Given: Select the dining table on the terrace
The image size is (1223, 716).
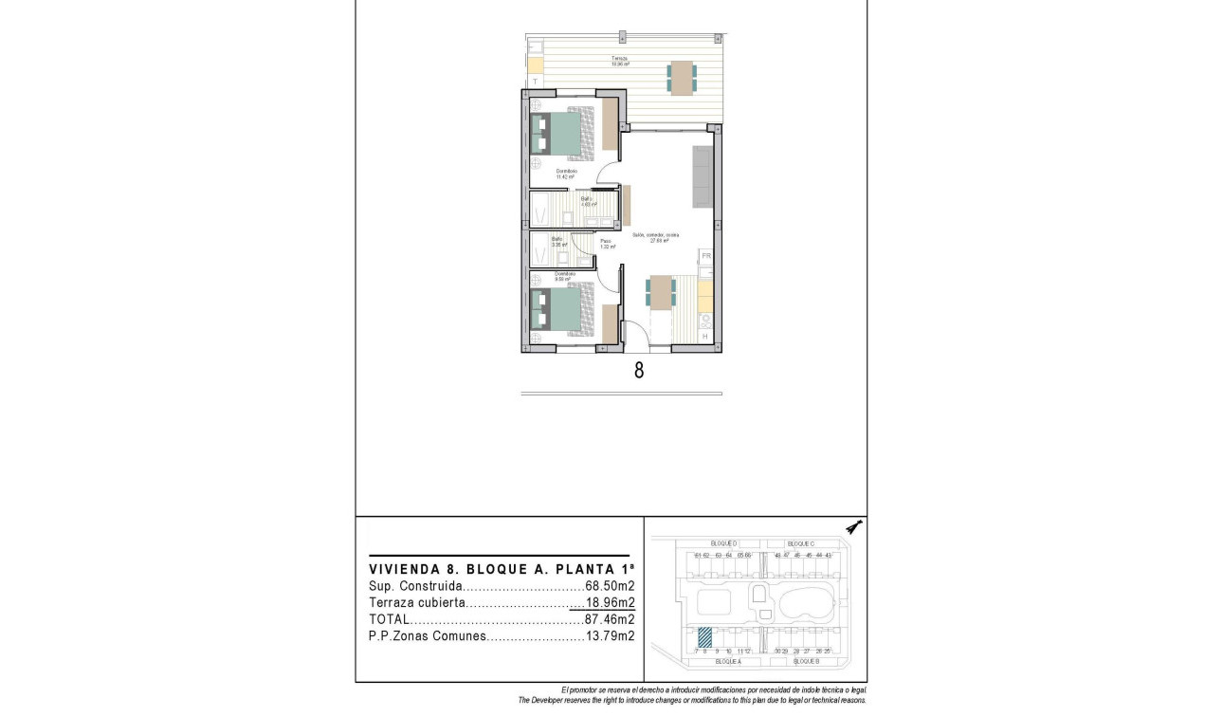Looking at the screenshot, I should [x=681, y=77].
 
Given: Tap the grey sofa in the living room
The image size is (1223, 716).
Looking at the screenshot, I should [x=703, y=177].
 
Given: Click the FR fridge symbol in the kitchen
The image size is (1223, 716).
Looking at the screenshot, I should [x=705, y=256].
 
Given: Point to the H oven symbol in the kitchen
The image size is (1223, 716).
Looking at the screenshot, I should [x=704, y=337].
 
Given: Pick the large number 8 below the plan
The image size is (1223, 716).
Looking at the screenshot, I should [x=638, y=371].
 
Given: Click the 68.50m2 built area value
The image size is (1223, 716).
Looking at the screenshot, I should [x=610, y=586].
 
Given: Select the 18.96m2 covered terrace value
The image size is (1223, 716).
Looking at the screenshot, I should [x=610, y=603].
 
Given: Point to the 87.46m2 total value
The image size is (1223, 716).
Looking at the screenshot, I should [x=610, y=619].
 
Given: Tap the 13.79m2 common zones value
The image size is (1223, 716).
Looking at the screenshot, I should [x=610, y=636].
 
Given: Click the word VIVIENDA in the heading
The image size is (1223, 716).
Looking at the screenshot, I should [x=403, y=569].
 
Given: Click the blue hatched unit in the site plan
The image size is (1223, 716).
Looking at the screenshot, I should [x=704, y=636].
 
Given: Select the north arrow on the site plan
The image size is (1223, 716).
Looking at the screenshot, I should [x=854, y=527].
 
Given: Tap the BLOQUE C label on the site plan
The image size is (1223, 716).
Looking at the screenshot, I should [x=801, y=543].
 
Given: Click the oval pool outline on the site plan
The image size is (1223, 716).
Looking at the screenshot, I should [x=807, y=602].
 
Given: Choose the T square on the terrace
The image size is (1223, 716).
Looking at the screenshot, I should [x=535, y=83].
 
